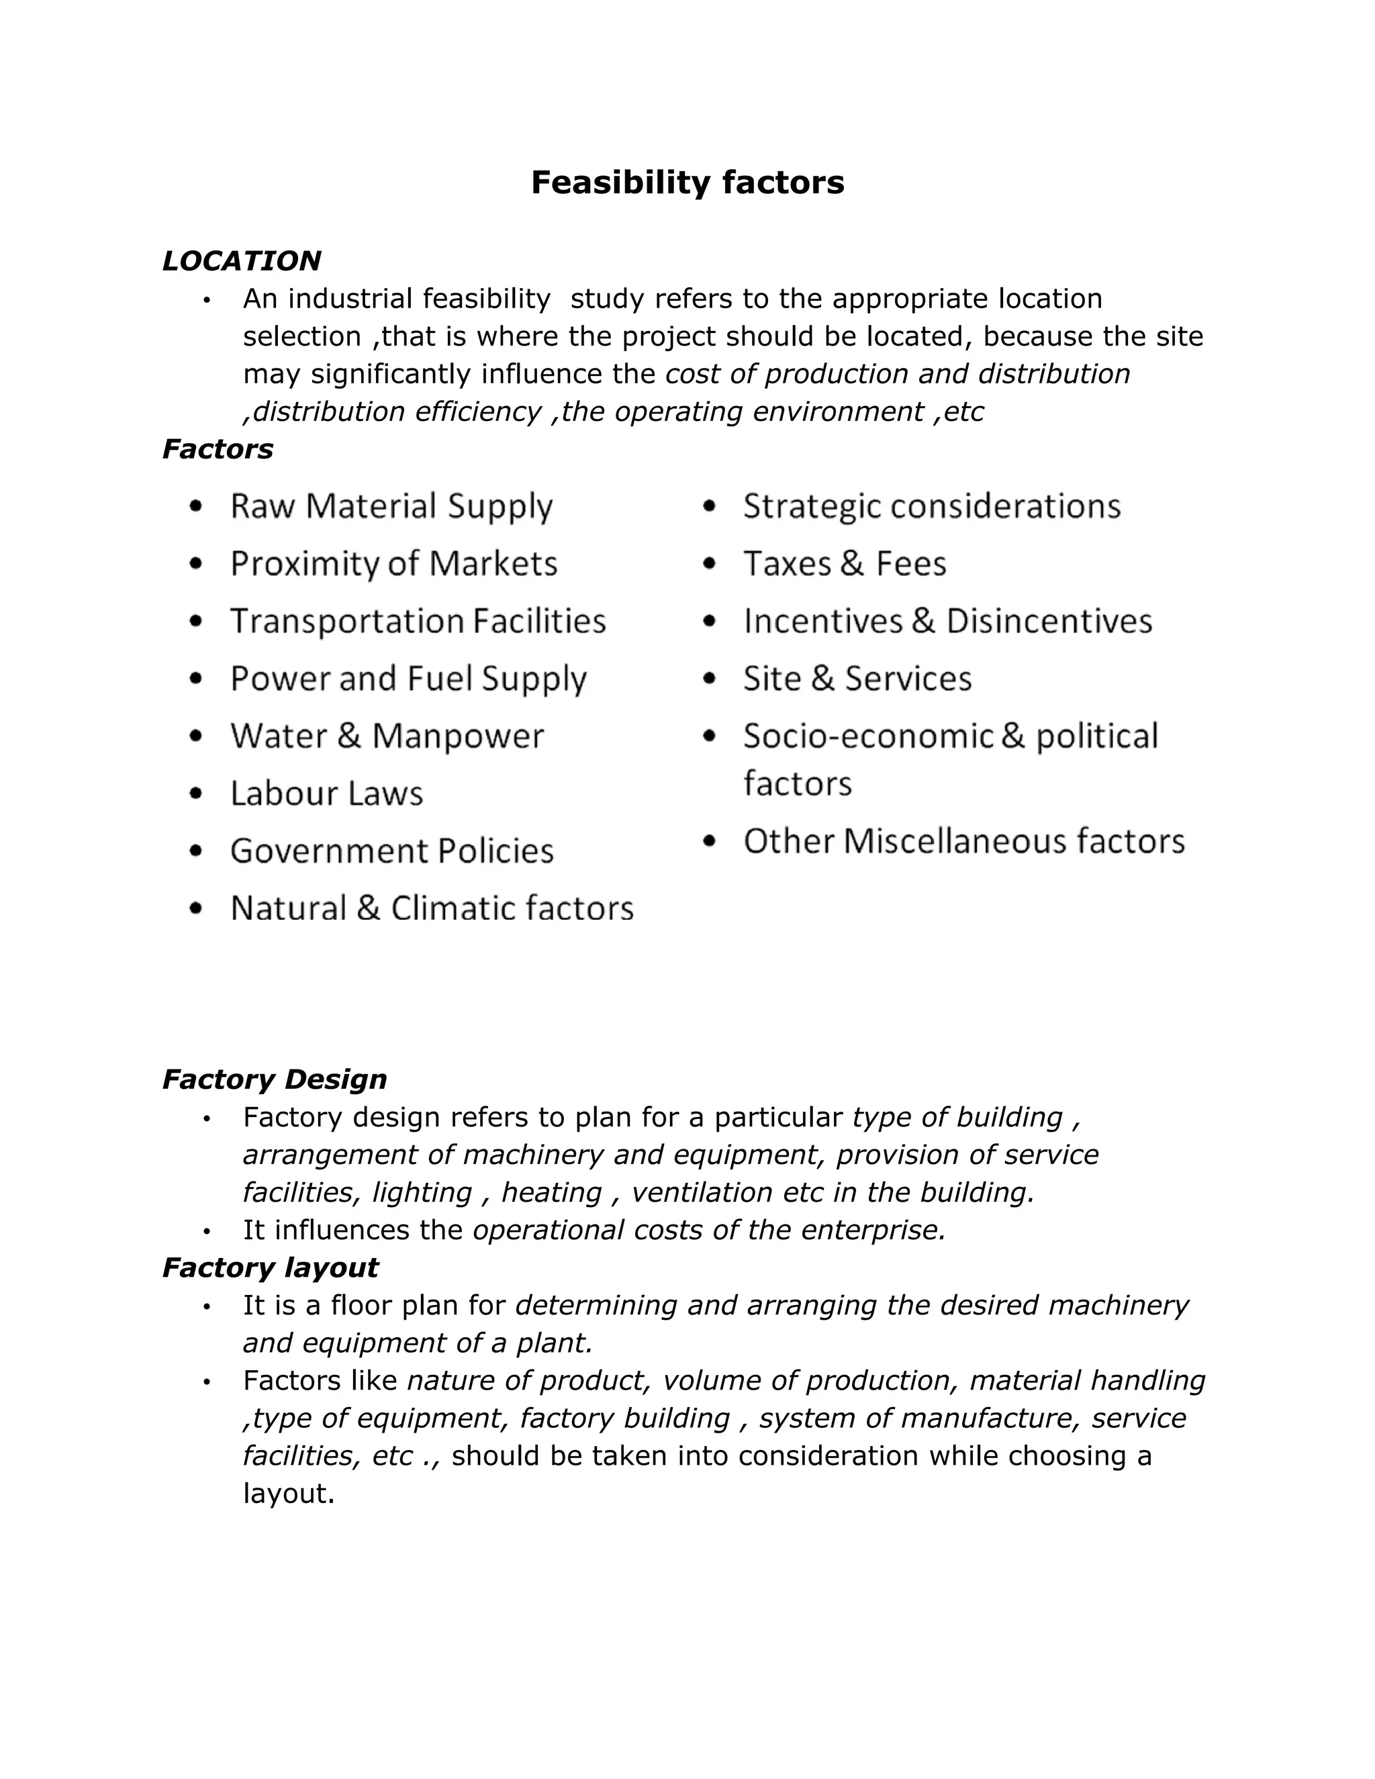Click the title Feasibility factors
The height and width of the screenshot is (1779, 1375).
(x=687, y=183)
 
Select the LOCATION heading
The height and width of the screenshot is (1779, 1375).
(x=241, y=260)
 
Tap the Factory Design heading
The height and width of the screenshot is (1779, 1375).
(x=275, y=1079)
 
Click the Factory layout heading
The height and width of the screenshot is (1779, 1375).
(x=271, y=1267)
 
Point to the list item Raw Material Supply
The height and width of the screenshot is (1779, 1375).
(x=391, y=506)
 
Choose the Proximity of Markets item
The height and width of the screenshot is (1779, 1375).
(x=393, y=564)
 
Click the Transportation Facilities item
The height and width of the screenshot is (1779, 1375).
(x=418, y=622)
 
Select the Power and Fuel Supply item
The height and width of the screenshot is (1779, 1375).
(x=408, y=679)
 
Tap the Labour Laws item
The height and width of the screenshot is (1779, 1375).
(x=327, y=794)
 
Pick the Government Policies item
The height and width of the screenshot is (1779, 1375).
(x=392, y=851)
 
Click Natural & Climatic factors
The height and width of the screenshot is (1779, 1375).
(x=432, y=908)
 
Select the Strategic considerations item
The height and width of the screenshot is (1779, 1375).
(x=932, y=506)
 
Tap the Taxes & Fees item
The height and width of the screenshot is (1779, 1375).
(x=845, y=564)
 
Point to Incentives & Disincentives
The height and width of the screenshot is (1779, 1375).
(x=947, y=622)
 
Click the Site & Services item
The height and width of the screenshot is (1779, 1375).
(x=857, y=679)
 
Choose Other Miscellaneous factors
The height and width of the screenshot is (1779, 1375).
(x=963, y=841)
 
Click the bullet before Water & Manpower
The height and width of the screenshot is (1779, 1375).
(x=195, y=736)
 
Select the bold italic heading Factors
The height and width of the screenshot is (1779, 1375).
(x=218, y=449)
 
